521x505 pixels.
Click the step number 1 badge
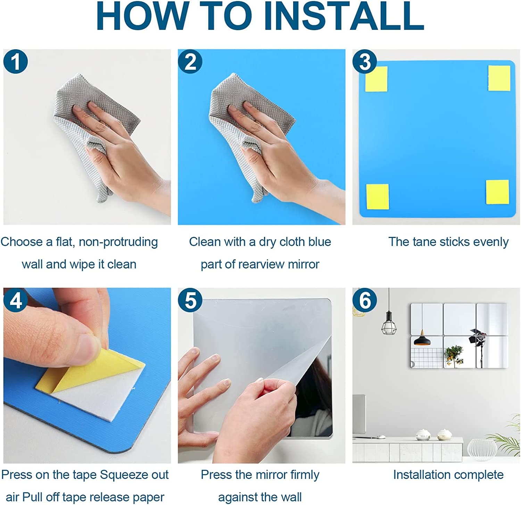tap(16, 62)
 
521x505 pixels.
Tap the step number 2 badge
tap(190, 62)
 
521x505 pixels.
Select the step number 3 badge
tap(365, 62)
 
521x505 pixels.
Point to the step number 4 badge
tap(16, 300)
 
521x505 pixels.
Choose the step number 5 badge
tap(190, 300)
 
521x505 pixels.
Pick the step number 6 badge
tap(365, 300)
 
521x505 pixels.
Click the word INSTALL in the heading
tap(344, 16)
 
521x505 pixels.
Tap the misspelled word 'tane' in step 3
tap(422, 242)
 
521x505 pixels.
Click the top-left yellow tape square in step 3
tap(377, 79)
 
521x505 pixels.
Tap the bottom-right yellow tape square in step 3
tap(497, 192)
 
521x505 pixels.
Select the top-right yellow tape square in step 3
tap(499, 78)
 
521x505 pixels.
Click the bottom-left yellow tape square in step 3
tap(378, 197)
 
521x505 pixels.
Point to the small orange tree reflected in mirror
tap(453, 356)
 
